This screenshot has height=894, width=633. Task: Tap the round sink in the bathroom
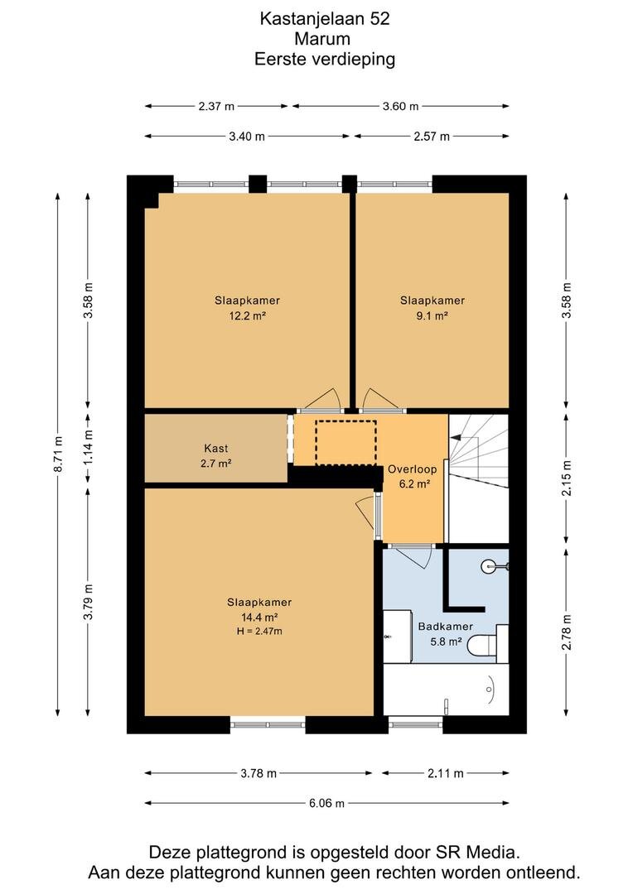(490, 566)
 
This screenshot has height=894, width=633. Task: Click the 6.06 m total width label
(327, 803)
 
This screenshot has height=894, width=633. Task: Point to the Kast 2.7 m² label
(215, 456)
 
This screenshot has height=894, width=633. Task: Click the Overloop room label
(412, 469)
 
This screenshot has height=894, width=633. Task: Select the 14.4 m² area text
(259, 617)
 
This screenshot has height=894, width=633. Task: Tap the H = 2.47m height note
(259, 631)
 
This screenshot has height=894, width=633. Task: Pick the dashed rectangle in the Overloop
(345, 443)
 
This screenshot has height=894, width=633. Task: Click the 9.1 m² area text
(432, 315)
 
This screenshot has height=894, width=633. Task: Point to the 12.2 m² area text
(247, 315)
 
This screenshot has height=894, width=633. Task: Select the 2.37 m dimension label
(216, 106)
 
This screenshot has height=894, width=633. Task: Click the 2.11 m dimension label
(446, 774)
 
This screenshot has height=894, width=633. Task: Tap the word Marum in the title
(322, 39)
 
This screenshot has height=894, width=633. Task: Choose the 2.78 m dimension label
(566, 632)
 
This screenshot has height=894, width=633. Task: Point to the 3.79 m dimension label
(87, 602)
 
